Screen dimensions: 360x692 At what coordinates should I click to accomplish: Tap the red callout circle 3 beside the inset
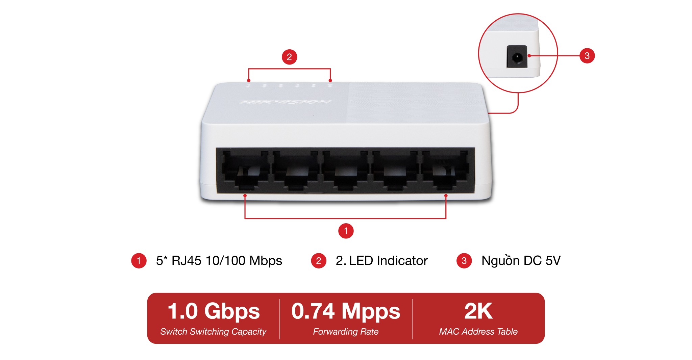pos(587,56)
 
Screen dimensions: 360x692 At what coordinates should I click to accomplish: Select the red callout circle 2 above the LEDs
pos(289,57)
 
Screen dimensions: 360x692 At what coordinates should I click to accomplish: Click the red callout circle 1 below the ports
pos(346,231)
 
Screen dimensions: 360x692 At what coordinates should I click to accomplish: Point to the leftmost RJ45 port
pos(245,170)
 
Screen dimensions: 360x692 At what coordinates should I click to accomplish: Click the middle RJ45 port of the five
pos(345,170)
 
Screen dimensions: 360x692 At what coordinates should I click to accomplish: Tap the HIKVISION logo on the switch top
pos(285,102)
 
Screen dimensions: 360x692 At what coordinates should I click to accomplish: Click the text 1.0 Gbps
pos(214,311)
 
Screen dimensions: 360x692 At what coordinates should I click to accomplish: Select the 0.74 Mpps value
pos(346,311)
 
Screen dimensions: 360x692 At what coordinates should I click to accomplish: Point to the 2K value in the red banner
pos(478,311)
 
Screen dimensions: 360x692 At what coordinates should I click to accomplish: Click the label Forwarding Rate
pos(346,332)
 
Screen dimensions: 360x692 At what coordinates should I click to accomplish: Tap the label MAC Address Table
pos(478,332)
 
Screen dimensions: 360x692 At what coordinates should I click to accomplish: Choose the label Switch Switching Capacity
pos(213,332)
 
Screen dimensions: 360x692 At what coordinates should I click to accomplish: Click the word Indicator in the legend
pos(402,261)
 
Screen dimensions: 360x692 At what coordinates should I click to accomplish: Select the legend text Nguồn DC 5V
pos(521,261)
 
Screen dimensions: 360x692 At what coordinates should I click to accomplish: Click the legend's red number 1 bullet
pos(139,261)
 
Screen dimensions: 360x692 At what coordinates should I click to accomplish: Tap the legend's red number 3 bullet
pos(464,261)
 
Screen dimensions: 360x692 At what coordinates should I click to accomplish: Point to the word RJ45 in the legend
pos(186,261)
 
